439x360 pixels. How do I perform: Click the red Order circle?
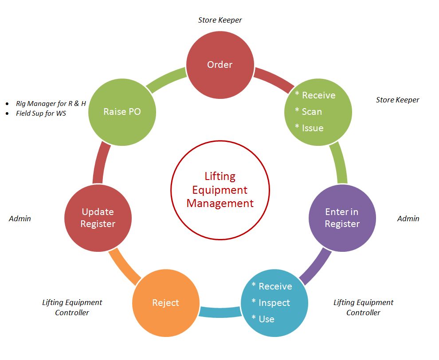click(x=220, y=65)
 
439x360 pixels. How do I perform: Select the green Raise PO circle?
click(x=122, y=112)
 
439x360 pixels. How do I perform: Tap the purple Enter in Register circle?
click(x=342, y=218)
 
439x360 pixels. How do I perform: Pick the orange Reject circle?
click(x=165, y=303)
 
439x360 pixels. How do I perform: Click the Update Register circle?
click(x=98, y=218)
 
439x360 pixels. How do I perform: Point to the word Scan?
click(x=312, y=112)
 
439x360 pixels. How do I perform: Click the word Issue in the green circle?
click(x=313, y=128)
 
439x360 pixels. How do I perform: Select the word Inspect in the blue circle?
click(x=274, y=303)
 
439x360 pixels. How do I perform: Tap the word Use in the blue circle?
click(x=267, y=319)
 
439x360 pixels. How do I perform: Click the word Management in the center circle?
click(x=220, y=203)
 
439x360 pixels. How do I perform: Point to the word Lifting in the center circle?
click(x=220, y=176)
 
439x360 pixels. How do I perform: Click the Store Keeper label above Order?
click(x=220, y=20)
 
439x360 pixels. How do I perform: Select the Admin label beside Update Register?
click(x=20, y=219)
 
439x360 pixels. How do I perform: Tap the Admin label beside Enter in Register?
click(x=408, y=219)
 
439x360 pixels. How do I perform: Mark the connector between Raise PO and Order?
click(x=165, y=79)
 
